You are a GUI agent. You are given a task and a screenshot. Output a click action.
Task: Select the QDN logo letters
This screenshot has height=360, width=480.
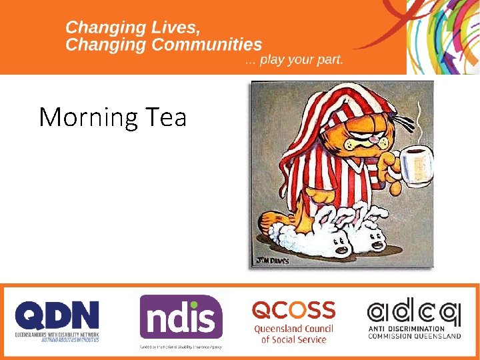click(57, 315)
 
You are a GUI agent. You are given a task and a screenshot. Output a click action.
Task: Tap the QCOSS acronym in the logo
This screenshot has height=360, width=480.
click(293, 310)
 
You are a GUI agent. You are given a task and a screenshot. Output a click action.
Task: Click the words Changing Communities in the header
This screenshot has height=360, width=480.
click(164, 45)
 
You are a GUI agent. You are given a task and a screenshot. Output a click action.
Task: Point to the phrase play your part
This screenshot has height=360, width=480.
click(301, 60)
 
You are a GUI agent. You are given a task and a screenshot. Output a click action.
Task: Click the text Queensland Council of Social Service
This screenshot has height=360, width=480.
click(293, 334)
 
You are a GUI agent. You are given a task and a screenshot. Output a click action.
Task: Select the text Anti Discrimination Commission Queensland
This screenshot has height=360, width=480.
click(414, 332)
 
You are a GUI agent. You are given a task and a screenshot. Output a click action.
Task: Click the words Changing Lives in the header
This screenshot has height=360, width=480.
click(133, 28)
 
